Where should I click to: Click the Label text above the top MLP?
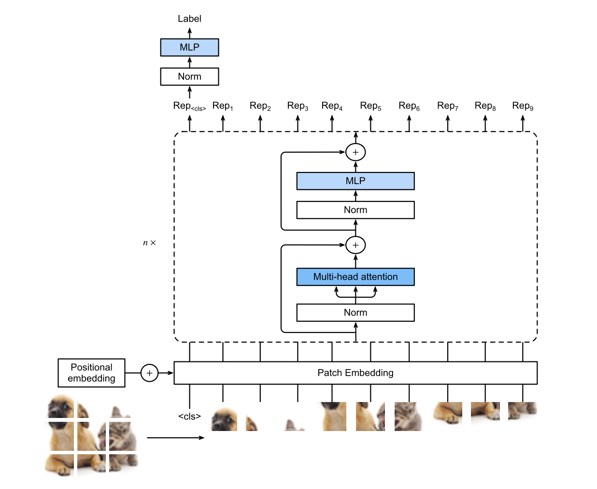pyautogui.click(x=189, y=19)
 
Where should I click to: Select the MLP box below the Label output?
pyautogui.click(x=189, y=47)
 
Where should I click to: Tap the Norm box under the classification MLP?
pyautogui.click(x=189, y=76)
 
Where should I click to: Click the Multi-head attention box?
pyautogui.click(x=355, y=277)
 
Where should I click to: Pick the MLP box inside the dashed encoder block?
pyautogui.click(x=355, y=181)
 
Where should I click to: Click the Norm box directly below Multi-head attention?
pyautogui.click(x=355, y=313)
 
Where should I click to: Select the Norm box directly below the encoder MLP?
pyautogui.click(x=355, y=210)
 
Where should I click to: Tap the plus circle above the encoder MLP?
pyautogui.click(x=355, y=152)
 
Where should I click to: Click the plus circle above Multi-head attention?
pyautogui.click(x=355, y=245)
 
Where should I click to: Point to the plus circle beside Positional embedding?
pyautogui.click(x=149, y=373)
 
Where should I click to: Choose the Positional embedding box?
pyautogui.click(x=91, y=373)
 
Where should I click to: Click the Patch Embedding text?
pyautogui.click(x=355, y=373)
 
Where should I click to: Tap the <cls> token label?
pyautogui.click(x=189, y=417)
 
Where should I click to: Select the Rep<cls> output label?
pyautogui.click(x=189, y=106)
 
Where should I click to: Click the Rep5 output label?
pyautogui.click(x=370, y=106)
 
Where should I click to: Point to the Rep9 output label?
pyautogui.click(x=523, y=106)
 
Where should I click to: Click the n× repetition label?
pyautogui.click(x=149, y=243)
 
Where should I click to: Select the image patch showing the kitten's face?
pyautogui.click(x=409, y=417)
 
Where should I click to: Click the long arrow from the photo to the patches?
pyautogui.click(x=175, y=438)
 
